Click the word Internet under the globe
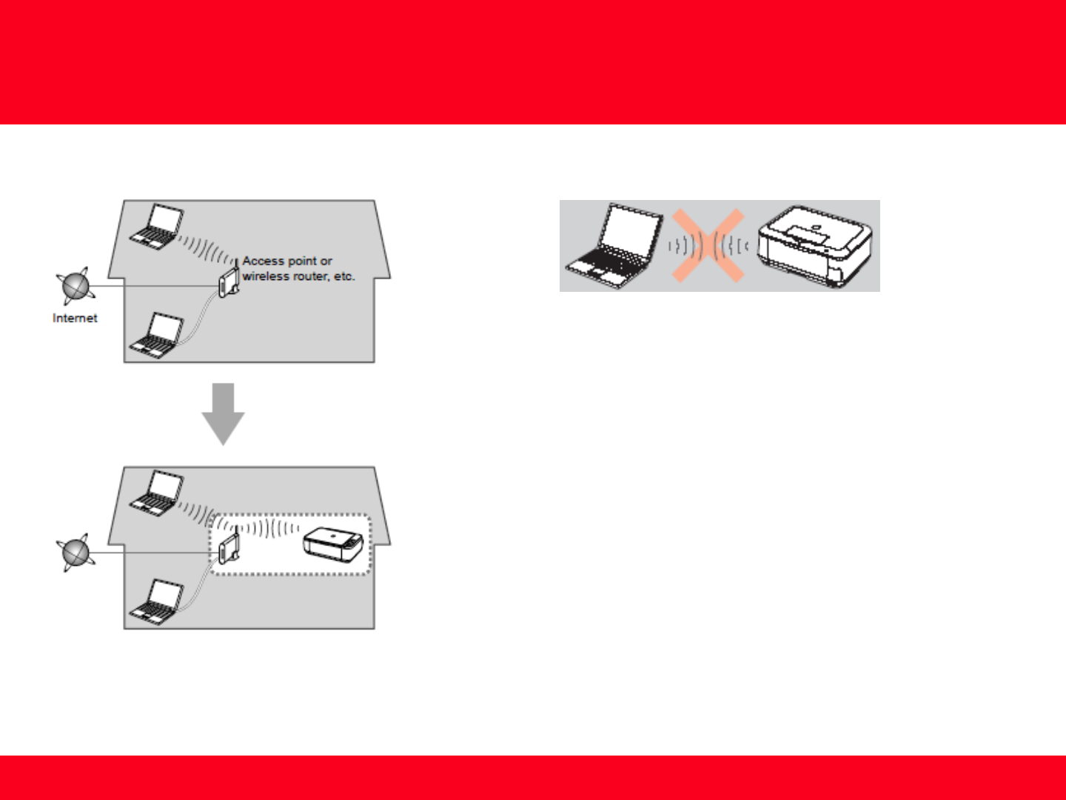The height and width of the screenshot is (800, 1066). coord(75,318)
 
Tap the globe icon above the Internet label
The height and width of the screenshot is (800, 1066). coord(75,286)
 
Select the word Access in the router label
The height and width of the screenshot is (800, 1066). coord(264,261)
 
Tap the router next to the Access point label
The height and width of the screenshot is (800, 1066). coord(228,281)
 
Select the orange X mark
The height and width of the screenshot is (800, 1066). coord(708,245)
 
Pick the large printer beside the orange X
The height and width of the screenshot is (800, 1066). coord(814,246)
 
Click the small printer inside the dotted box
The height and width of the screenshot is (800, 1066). coord(333,544)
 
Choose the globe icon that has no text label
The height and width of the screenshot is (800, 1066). coord(75,553)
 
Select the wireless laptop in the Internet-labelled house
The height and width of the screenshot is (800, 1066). coord(157,225)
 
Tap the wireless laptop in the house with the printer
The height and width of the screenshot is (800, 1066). coord(157,492)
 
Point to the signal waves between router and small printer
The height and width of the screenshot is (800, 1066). coord(270,528)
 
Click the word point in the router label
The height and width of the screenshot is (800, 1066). coord(303,261)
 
